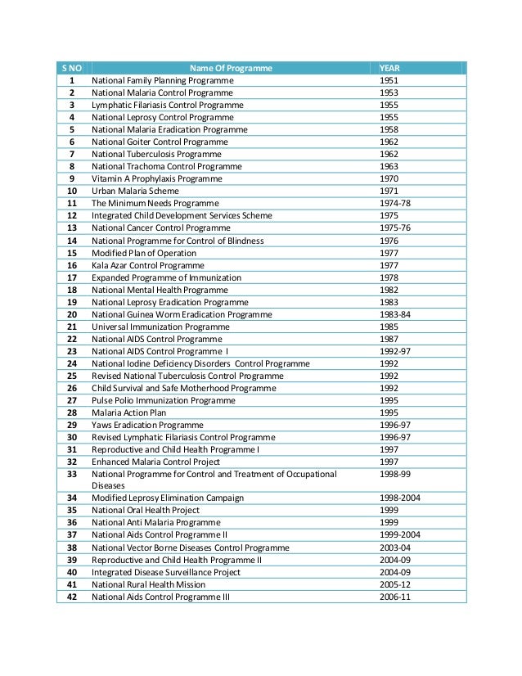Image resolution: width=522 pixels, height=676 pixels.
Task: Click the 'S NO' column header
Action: (x=72, y=69)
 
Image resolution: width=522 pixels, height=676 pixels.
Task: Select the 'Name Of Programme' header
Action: (x=231, y=69)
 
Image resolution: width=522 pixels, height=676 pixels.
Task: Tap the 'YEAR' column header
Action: (x=389, y=69)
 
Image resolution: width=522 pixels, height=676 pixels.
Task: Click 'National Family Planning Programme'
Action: (x=163, y=81)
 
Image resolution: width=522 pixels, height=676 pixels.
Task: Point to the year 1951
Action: (x=389, y=81)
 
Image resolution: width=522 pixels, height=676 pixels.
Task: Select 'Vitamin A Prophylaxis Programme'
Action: (x=156, y=178)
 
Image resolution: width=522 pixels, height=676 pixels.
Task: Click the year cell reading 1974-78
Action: (x=396, y=203)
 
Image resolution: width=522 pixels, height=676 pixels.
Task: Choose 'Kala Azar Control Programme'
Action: (x=147, y=265)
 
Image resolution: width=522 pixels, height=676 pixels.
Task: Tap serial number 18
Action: (x=72, y=290)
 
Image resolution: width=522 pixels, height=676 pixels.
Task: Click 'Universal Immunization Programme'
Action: (x=160, y=327)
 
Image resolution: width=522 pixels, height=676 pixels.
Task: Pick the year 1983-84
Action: (x=396, y=314)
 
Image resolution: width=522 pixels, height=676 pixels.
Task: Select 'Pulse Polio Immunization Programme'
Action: (x=164, y=400)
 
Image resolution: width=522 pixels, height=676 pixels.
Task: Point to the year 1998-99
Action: (x=396, y=474)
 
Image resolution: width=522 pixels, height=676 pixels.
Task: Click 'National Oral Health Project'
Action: (x=146, y=510)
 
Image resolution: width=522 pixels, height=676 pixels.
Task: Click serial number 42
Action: (x=72, y=597)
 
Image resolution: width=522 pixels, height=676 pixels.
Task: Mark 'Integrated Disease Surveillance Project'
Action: (x=166, y=572)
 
